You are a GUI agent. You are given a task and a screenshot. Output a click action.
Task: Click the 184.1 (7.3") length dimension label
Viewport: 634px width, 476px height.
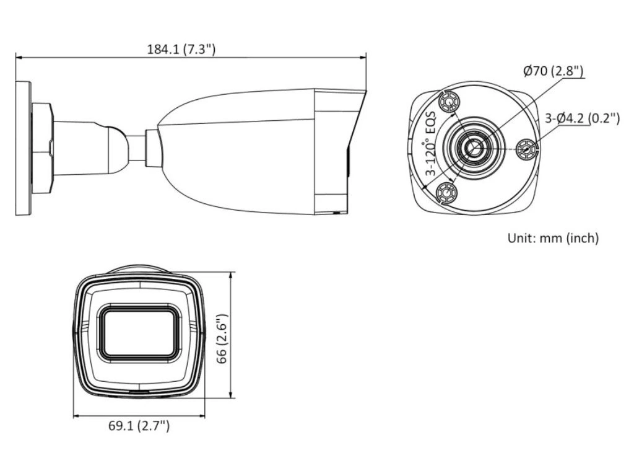coord(181,50)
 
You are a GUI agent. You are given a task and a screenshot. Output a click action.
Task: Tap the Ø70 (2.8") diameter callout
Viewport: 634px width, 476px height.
coord(553,71)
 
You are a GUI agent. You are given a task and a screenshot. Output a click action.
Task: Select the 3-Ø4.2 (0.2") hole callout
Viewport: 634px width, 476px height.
coord(582,118)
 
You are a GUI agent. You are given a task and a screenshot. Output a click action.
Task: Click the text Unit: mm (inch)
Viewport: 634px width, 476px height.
coord(553,237)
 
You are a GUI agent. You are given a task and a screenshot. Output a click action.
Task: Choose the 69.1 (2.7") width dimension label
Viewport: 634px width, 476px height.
coord(139,425)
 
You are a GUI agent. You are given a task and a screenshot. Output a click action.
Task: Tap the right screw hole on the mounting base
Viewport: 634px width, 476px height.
coord(528,149)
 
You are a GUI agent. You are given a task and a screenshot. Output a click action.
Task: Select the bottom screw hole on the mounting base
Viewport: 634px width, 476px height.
coord(447,192)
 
